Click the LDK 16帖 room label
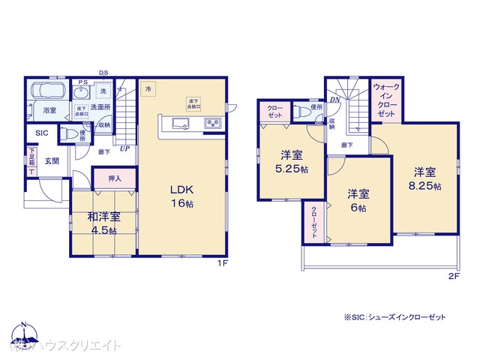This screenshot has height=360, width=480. coord(182,196)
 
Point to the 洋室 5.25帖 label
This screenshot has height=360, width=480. coord(292,161)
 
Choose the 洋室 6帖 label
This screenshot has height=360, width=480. coord(357,200)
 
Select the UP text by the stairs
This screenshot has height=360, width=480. coord(124,148)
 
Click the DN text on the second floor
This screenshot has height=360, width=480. coord(334,99)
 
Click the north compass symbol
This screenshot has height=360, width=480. coord(25,335)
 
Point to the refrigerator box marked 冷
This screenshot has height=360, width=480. coord(148,89)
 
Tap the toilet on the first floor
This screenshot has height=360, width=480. coord(84,135)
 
